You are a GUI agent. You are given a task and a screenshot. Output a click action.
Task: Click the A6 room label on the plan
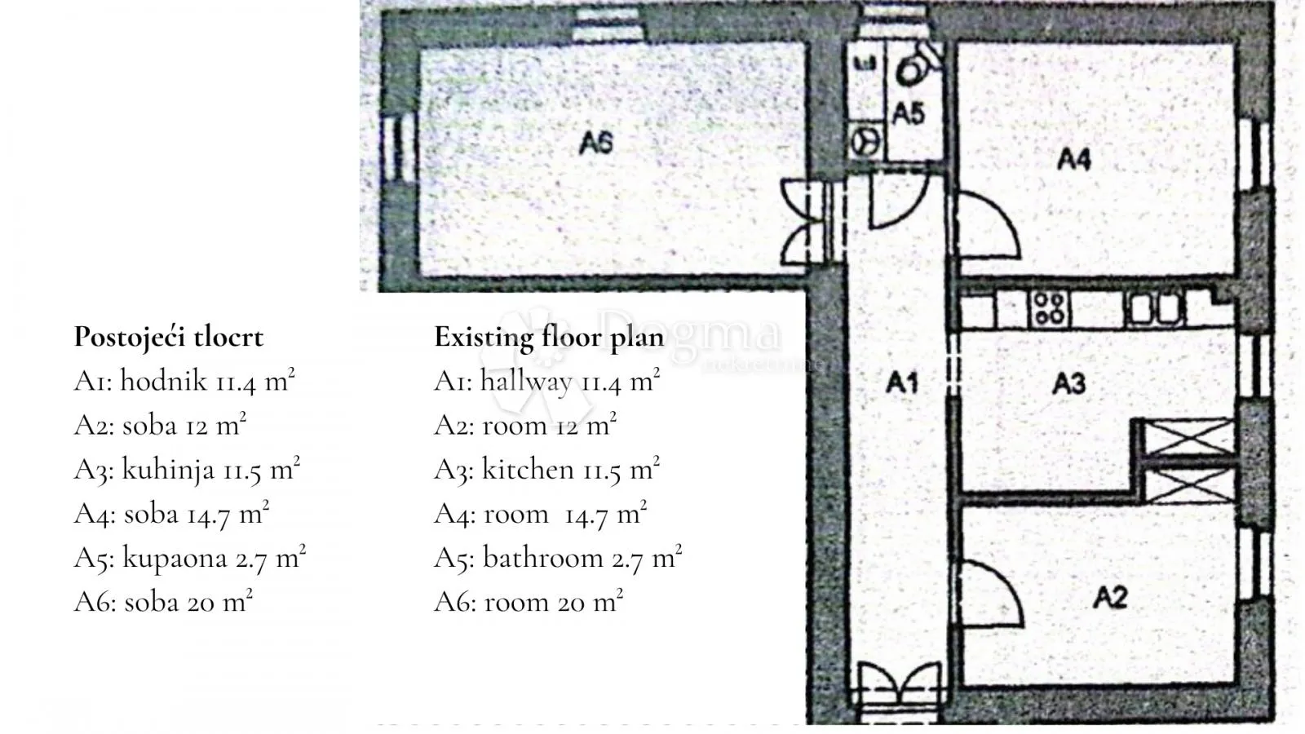(x=596, y=144)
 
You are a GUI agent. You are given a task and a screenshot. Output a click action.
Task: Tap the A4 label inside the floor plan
(x=1073, y=159)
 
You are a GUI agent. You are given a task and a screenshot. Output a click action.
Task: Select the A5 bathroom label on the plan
(x=909, y=113)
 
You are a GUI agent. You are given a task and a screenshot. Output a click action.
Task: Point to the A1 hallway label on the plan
(x=902, y=382)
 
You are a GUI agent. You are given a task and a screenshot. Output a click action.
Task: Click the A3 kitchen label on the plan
(x=1069, y=383)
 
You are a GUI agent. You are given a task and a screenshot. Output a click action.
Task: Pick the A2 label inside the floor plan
(x=1110, y=597)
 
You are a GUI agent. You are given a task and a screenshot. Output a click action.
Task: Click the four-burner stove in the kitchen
(x=1049, y=308)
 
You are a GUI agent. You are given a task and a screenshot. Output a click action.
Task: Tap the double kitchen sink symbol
(x=1154, y=308)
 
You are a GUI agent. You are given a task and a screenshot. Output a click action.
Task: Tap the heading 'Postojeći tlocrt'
(x=168, y=337)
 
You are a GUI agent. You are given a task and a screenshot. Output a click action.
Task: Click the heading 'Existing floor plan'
(x=549, y=337)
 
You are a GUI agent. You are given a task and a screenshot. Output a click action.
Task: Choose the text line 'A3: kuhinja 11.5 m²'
(x=187, y=469)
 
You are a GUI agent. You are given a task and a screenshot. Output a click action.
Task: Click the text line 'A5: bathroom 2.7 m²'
(x=558, y=558)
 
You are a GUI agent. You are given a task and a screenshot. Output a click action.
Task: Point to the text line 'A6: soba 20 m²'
(x=163, y=601)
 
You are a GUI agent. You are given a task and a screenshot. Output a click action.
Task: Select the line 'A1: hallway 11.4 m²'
(x=547, y=381)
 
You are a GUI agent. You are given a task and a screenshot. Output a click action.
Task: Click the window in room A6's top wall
(x=608, y=24)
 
